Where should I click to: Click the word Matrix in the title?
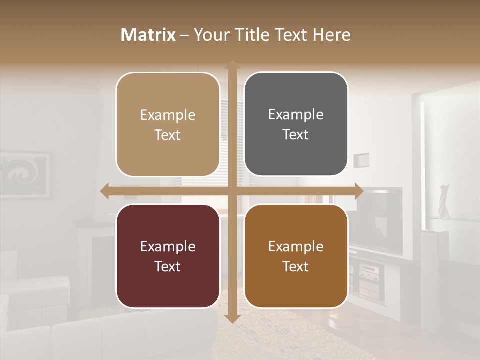tap(148, 35)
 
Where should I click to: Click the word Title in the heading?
tap(252, 35)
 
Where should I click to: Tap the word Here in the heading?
tap(331, 35)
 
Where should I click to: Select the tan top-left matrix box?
tap(168, 124)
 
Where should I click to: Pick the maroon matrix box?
tap(168, 256)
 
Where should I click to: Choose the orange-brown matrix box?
tap(296, 256)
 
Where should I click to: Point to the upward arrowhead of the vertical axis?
tap(232, 65)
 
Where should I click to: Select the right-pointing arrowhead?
tap(358, 191)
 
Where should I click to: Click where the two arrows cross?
tap(232, 191)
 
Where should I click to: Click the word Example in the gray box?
tap(296, 114)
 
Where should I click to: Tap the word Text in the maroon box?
tap(168, 266)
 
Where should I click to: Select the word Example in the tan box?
tap(168, 115)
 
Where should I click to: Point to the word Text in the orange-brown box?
tap(296, 266)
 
